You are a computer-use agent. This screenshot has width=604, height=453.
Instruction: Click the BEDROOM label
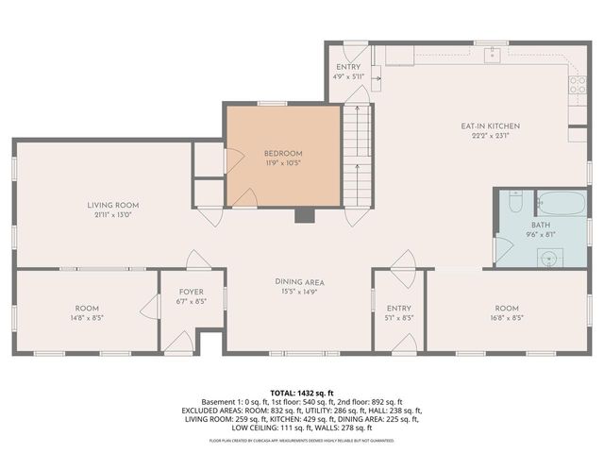point(282,153)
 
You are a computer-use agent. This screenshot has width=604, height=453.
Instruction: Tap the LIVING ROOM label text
point(113,205)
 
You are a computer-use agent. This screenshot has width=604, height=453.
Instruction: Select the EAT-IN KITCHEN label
point(490,126)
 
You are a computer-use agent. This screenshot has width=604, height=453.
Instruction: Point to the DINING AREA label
point(300,282)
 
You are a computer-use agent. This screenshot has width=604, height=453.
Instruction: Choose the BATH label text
point(540,226)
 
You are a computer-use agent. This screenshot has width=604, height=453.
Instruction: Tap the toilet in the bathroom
point(515,202)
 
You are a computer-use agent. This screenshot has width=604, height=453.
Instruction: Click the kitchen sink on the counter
point(492,56)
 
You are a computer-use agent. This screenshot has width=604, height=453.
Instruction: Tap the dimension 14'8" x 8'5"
point(87,318)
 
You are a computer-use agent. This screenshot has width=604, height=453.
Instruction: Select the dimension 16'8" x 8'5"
point(507,318)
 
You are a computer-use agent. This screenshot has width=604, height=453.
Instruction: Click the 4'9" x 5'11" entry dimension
point(348,77)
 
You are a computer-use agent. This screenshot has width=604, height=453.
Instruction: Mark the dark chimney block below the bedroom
point(304,215)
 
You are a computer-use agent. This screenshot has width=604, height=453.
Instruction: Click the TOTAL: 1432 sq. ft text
point(302,393)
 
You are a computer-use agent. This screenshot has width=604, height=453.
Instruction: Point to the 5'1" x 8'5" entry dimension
point(399,318)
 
